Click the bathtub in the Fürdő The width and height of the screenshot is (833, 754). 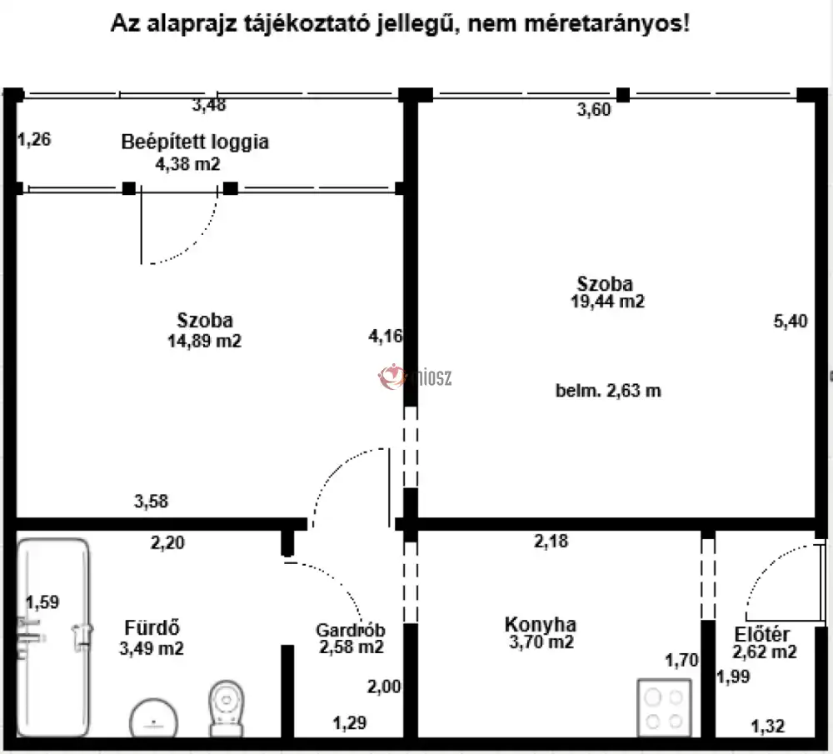53,637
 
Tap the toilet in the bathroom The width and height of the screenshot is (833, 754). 227,708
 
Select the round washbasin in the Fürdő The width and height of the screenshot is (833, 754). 153,718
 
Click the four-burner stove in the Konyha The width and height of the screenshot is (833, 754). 664,708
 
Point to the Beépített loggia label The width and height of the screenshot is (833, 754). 195,142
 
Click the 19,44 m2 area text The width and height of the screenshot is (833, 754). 607,302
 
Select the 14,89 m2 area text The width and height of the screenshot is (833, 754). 205,341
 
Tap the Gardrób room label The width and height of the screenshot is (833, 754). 351,630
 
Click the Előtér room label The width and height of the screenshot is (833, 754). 762,635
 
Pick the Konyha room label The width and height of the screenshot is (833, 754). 541,624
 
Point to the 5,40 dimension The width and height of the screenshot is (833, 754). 791,321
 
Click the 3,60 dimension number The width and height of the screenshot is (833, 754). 594,109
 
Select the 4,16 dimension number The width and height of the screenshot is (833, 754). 385,336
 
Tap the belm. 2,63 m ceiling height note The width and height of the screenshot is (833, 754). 608,391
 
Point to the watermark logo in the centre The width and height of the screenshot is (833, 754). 414,377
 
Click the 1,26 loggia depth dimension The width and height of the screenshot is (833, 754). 34,140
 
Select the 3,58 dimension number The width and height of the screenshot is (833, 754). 151,501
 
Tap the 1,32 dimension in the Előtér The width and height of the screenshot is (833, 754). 768,726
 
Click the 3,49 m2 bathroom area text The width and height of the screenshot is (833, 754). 152,648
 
